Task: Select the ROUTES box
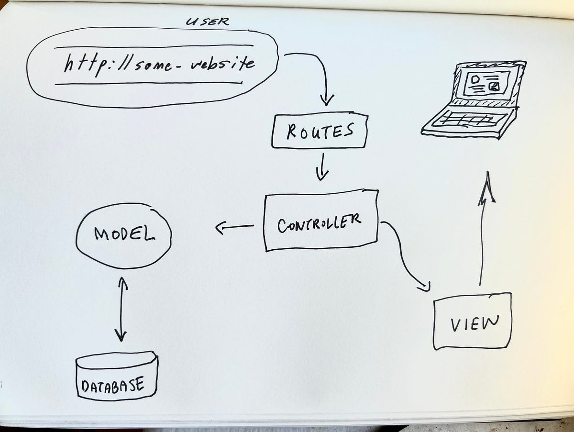[x=319, y=131]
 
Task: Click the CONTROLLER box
[x=320, y=222]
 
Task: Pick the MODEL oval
[x=123, y=234]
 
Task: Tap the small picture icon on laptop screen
[x=495, y=86]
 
